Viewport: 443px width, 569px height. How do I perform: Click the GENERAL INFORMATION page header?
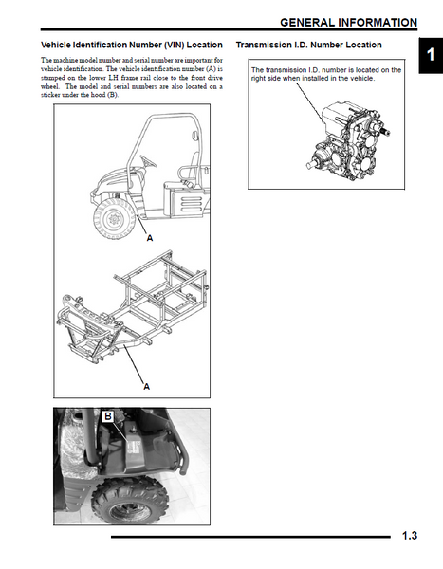tap(348, 23)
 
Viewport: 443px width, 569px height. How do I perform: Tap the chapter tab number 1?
tap(431, 55)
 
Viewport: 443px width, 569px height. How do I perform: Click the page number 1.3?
tap(410, 536)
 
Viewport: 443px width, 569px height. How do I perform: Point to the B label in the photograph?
tap(108, 416)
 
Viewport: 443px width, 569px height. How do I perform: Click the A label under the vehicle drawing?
tap(150, 238)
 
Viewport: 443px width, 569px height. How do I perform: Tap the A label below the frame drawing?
tap(146, 387)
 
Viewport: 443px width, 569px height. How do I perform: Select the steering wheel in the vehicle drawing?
tap(148, 161)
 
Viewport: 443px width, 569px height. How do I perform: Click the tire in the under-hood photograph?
tap(130, 501)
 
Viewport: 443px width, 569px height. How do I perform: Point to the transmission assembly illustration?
tap(349, 140)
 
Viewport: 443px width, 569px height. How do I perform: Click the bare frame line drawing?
tap(132, 307)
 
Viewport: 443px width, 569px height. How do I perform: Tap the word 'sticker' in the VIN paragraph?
tap(50, 95)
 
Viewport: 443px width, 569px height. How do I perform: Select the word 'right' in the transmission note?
tap(258, 79)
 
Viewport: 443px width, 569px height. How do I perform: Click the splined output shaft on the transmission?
tap(384, 133)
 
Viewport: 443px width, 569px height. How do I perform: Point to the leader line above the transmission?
tap(310, 102)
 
